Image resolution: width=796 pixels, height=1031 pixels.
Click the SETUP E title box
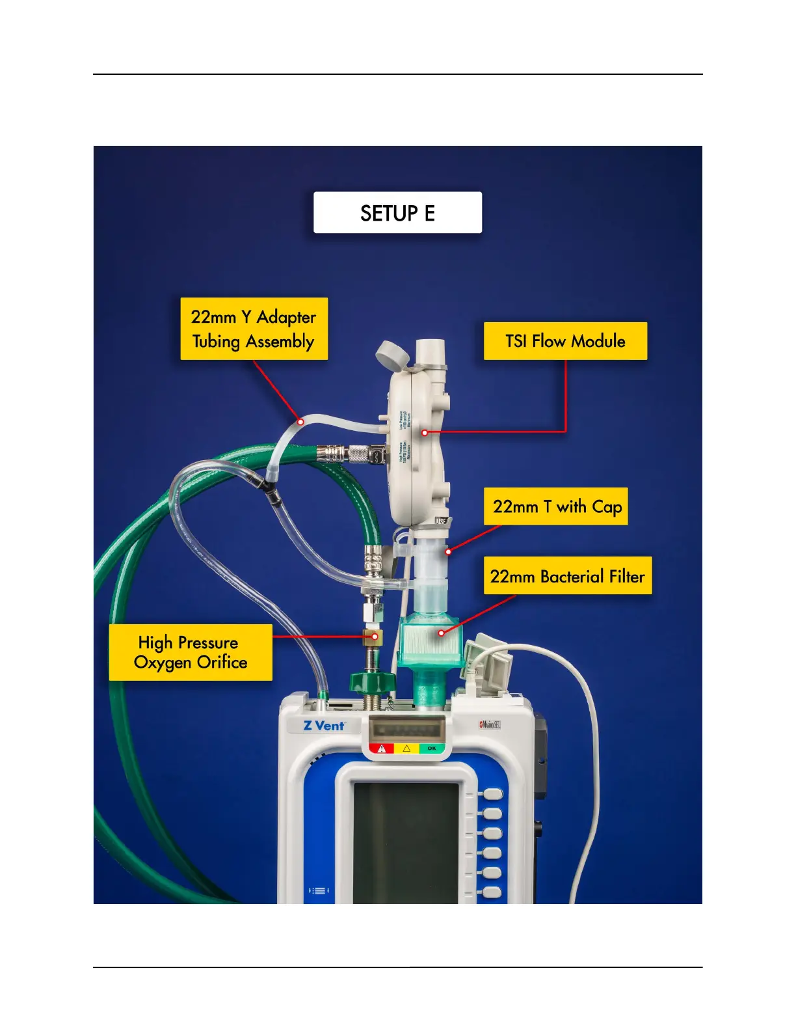pyautogui.click(x=397, y=213)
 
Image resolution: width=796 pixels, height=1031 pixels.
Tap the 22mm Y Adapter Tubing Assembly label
pyautogui.click(x=254, y=329)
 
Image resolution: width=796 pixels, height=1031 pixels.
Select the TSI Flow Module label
pyautogui.click(x=565, y=341)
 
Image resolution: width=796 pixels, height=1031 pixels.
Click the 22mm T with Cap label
pyautogui.click(x=556, y=506)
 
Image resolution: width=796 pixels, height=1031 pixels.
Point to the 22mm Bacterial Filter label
pyautogui.click(x=567, y=576)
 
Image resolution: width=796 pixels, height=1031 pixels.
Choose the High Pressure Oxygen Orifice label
pyautogui.click(x=191, y=652)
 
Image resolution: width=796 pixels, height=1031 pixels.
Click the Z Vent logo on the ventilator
pyautogui.click(x=324, y=725)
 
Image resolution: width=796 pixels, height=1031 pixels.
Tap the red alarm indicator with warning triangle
pyautogui.click(x=382, y=749)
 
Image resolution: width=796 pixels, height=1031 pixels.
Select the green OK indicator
pyautogui.click(x=432, y=749)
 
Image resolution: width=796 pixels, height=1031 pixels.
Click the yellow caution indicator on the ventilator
pyautogui.click(x=407, y=749)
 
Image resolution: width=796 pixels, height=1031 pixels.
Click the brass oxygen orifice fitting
pyautogui.click(x=372, y=637)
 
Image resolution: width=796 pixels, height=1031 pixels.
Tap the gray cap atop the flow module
pyautogui.click(x=392, y=355)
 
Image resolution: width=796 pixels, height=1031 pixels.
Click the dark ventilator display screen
pyautogui.click(x=406, y=840)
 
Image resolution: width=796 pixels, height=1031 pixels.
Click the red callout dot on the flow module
pyautogui.click(x=425, y=432)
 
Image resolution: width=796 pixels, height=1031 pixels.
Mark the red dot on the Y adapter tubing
pyautogui.click(x=300, y=422)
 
